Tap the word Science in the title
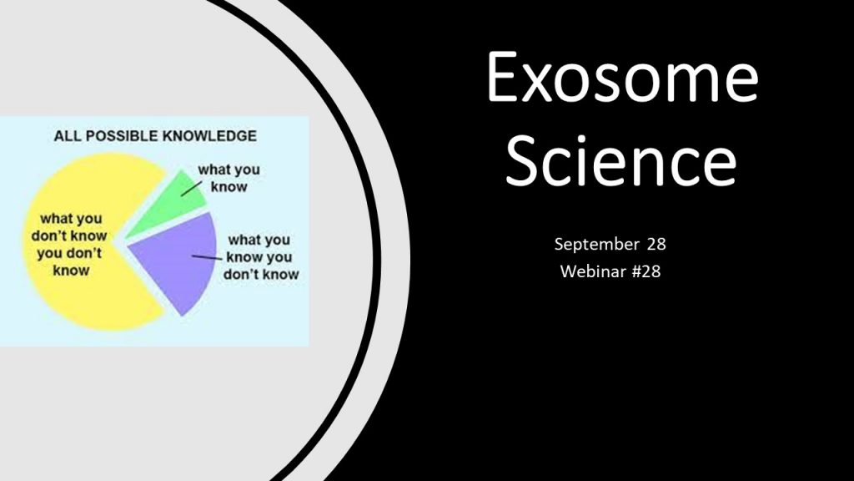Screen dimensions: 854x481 coord(621,159)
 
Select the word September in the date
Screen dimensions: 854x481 coord(596,245)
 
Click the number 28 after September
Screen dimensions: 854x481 coord(656,244)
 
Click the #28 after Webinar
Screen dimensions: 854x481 coord(646,271)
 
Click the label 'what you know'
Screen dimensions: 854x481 coord(229,178)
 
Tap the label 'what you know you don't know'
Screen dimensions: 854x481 coord(261,257)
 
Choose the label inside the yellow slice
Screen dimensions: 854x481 coord(70,245)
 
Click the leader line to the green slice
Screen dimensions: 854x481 coord(192,188)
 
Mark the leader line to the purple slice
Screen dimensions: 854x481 coord(207,257)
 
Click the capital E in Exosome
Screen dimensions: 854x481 coord(501,76)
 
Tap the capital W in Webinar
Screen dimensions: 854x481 coord(570,271)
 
